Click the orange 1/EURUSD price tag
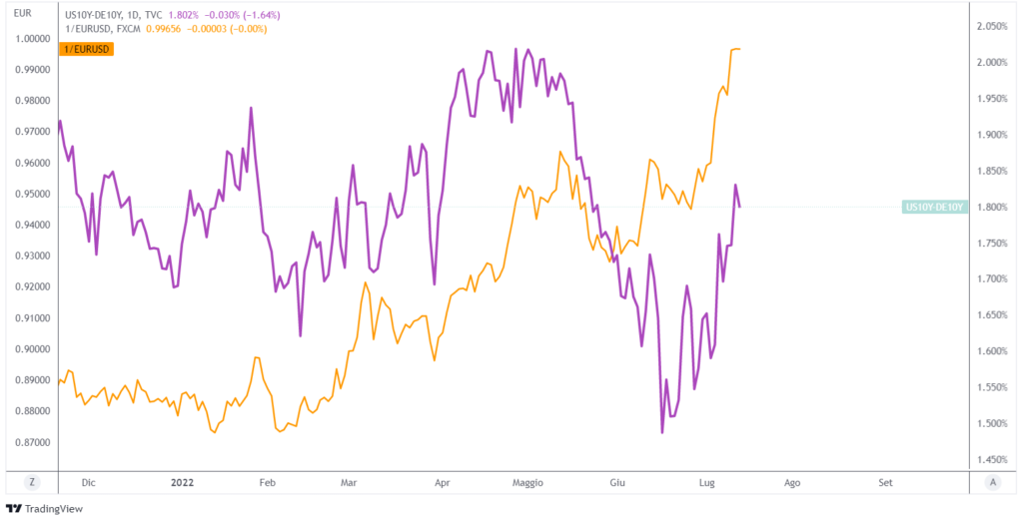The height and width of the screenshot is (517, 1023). click(87, 50)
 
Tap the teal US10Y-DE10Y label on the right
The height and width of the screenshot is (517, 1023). click(935, 208)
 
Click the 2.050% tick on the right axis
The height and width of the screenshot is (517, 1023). click(996, 27)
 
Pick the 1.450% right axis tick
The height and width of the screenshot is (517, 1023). click(996, 460)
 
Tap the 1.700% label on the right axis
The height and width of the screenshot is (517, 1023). click(996, 279)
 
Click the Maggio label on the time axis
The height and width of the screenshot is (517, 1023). click(526, 483)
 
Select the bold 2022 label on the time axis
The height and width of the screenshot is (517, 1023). click(182, 483)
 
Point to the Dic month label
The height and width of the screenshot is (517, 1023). click(89, 483)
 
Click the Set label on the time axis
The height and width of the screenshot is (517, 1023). click(885, 483)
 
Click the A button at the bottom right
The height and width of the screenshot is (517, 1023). click(992, 482)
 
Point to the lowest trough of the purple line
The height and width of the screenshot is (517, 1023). click(662, 433)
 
